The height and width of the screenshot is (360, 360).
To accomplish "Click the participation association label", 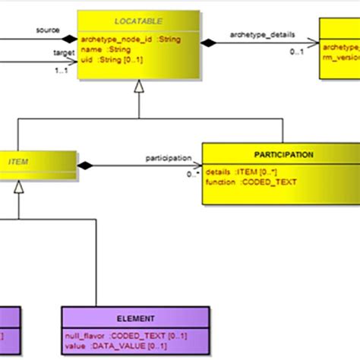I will coord(167,157).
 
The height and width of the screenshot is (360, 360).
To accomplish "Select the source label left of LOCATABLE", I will coord(47,31).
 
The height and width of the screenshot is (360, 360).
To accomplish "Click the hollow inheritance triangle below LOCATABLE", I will coord(138,89).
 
